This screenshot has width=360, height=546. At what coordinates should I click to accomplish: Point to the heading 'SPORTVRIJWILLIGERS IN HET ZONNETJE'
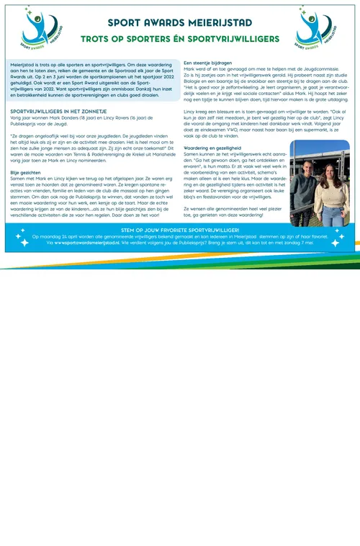[x=58, y=112]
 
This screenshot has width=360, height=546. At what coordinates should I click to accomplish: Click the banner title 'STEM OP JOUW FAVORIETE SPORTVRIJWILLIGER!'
[x=179, y=229]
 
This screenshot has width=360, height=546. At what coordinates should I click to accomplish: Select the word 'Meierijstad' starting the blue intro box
[x=24, y=64]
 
